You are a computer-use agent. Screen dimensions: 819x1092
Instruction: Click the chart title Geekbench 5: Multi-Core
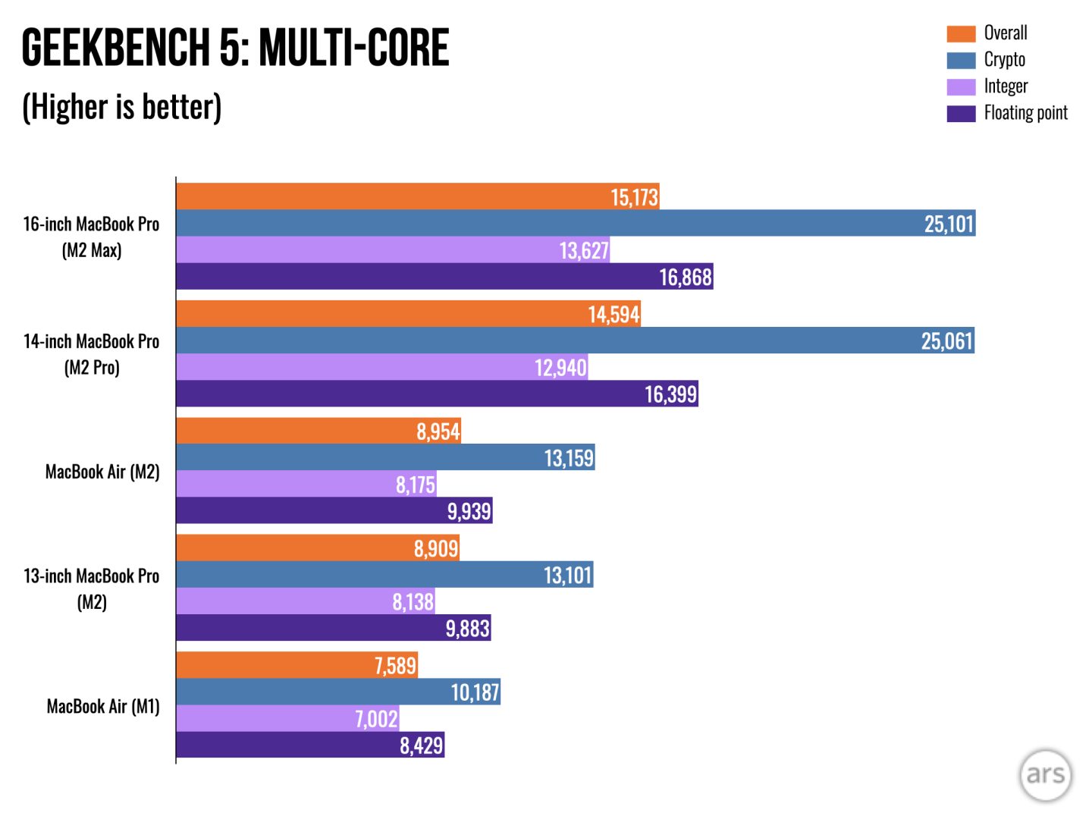(235, 47)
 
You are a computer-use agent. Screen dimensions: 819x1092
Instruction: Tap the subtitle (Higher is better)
(121, 106)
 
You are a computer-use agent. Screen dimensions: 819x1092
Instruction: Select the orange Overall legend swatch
(961, 33)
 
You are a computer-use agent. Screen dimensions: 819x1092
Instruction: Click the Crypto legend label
(1004, 60)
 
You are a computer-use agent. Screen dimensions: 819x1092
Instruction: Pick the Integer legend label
(1006, 86)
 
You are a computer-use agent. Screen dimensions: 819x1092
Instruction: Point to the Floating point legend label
(1025, 113)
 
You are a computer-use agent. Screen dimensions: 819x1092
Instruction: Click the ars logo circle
(1045, 774)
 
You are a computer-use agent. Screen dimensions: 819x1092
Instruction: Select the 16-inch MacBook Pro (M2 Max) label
(91, 237)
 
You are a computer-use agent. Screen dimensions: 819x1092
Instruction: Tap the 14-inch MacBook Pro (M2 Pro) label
(91, 354)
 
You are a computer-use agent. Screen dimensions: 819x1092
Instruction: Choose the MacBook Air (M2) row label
(102, 472)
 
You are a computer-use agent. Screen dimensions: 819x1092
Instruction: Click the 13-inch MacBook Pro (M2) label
(91, 588)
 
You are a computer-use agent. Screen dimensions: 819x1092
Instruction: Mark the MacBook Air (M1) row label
(103, 706)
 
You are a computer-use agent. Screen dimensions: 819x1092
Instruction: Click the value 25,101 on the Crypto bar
(948, 224)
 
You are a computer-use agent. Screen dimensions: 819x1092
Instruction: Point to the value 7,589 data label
(395, 666)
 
